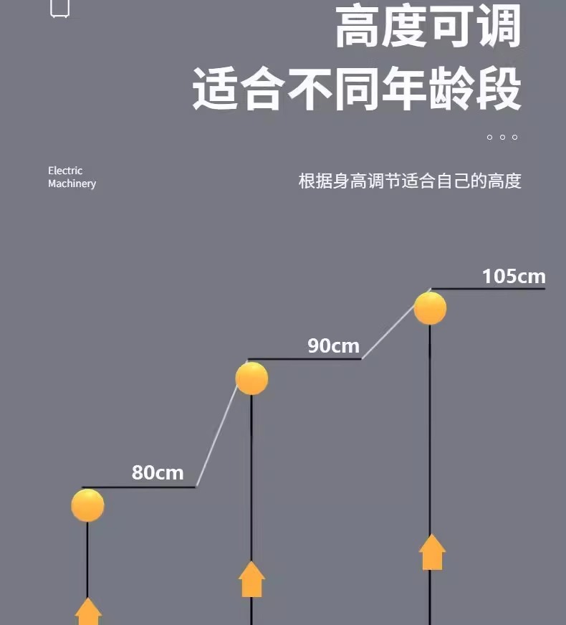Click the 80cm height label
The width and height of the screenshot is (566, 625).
(x=158, y=473)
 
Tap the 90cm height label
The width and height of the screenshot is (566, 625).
(x=334, y=345)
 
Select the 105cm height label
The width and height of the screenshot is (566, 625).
(x=514, y=276)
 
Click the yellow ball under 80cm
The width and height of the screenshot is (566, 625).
(x=88, y=505)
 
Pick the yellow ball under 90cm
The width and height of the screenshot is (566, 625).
(x=252, y=378)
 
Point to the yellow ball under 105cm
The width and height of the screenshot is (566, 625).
(x=430, y=308)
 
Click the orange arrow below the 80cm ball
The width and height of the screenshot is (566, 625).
(x=88, y=611)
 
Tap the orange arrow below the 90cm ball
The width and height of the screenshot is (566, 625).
(x=251, y=579)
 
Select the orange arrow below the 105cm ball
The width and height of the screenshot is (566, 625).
(x=432, y=552)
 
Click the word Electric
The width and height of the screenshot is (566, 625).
(x=65, y=171)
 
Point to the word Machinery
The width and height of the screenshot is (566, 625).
(x=72, y=183)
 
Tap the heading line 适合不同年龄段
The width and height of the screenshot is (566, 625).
(x=356, y=89)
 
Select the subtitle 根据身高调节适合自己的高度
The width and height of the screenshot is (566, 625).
(x=409, y=181)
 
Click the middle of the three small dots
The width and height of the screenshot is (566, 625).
(x=502, y=137)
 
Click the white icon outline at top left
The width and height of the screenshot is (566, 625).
(x=60, y=9)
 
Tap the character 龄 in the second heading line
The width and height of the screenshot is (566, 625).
(x=451, y=89)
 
